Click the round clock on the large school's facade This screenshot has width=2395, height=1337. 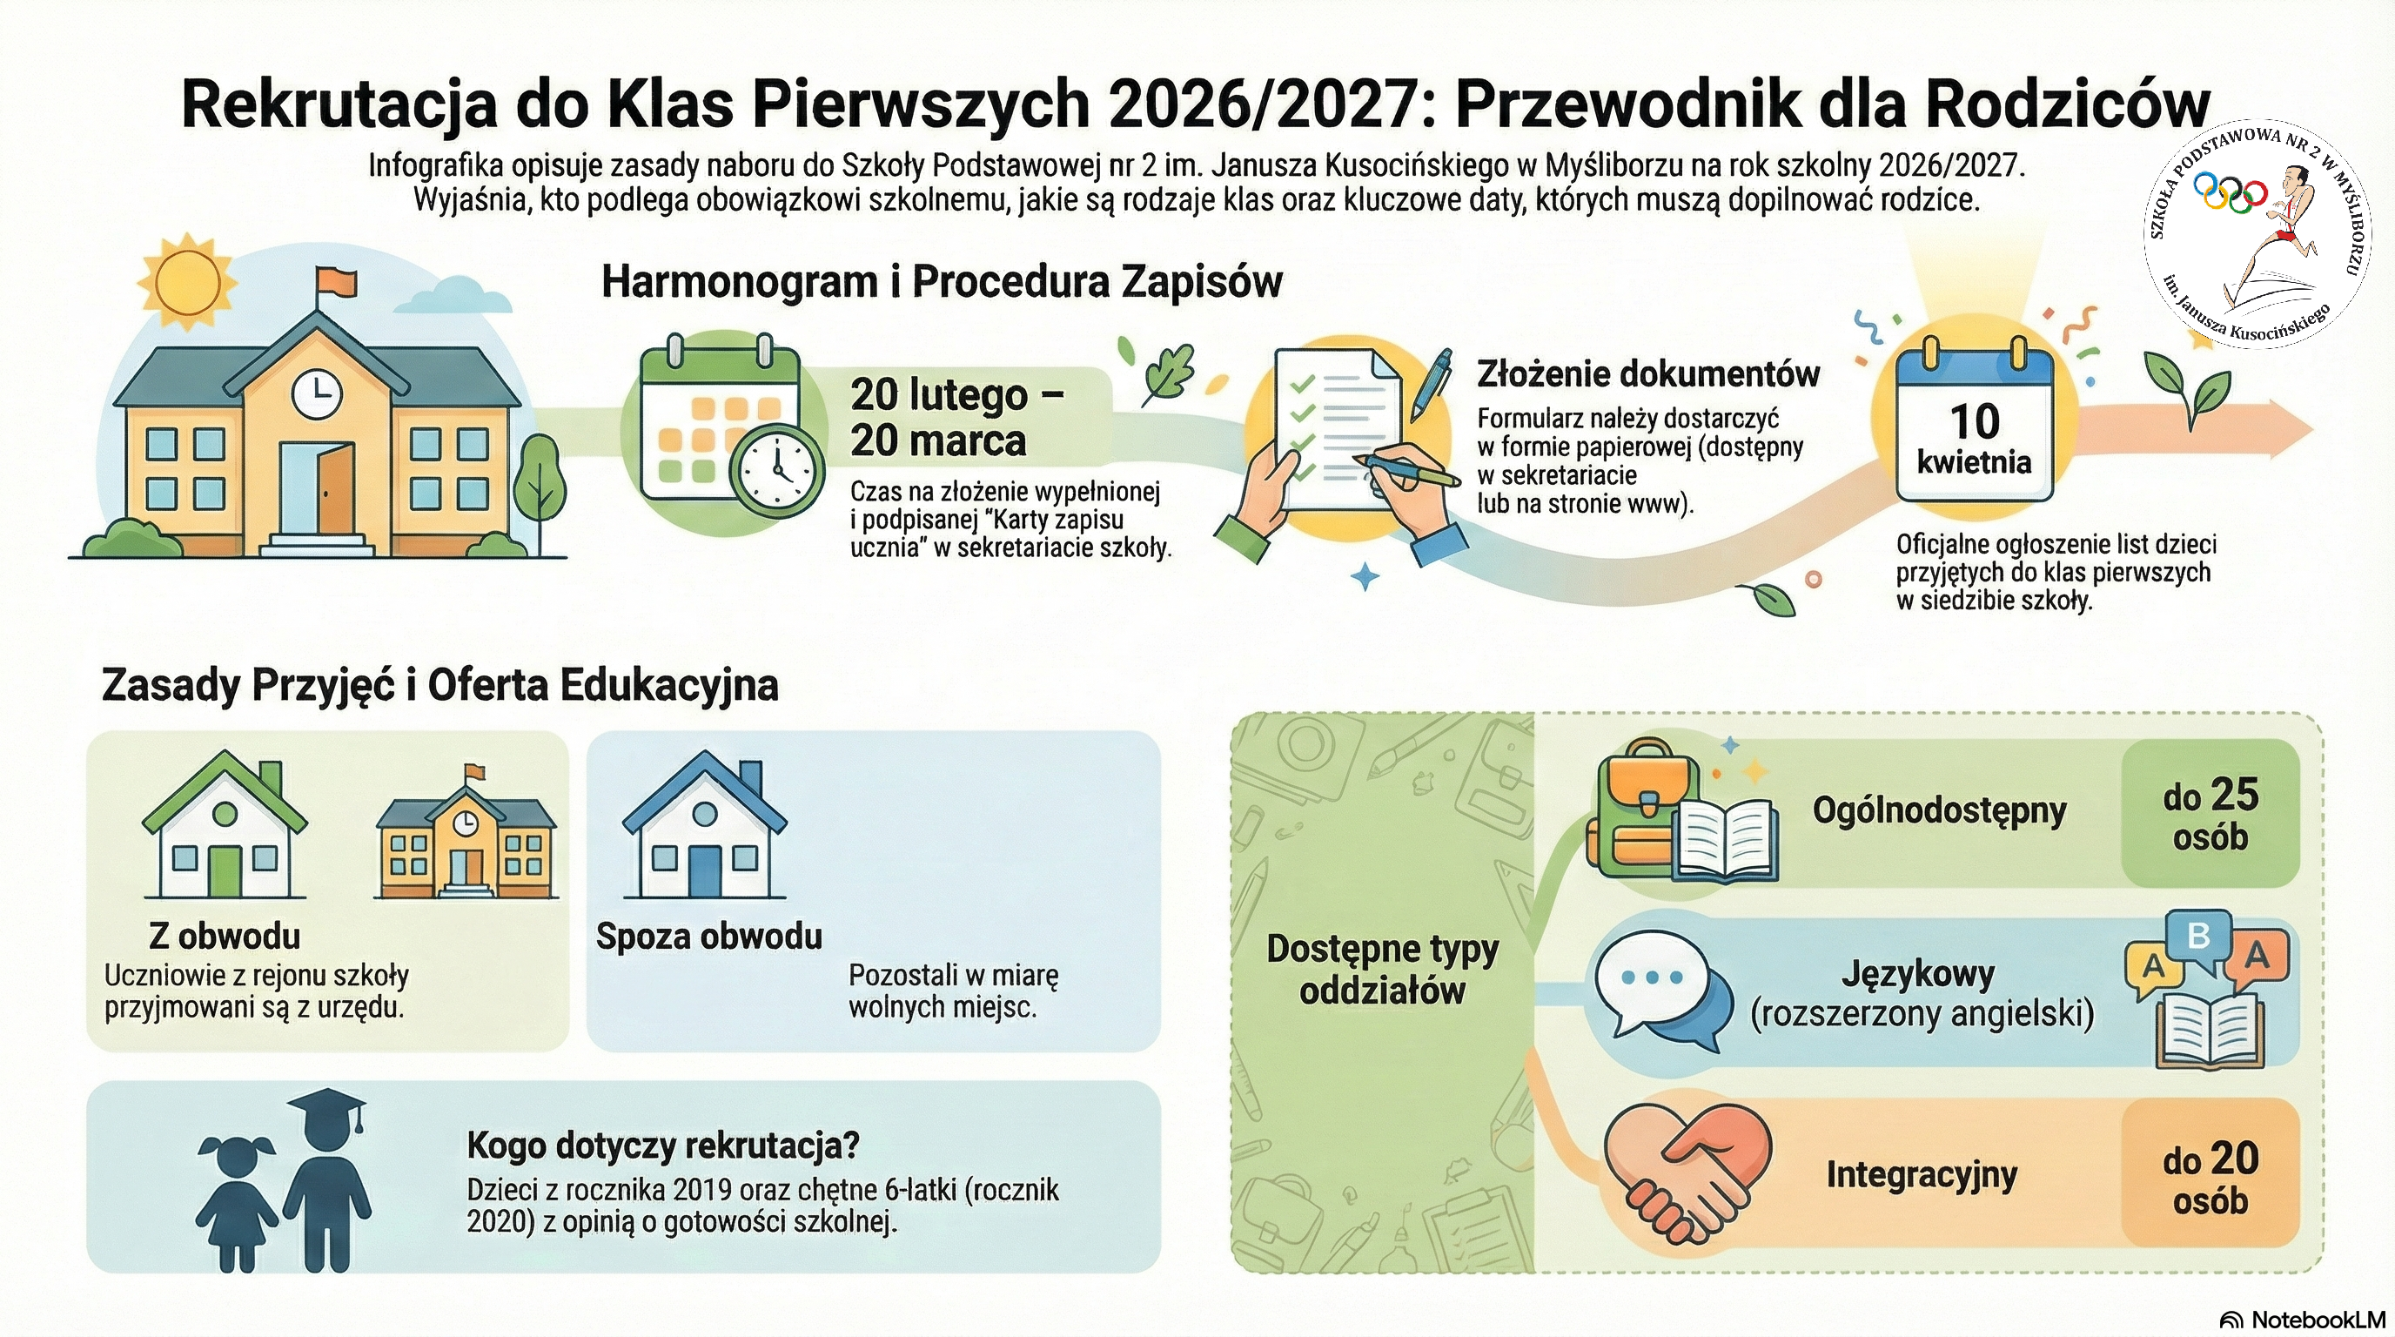coord(317,394)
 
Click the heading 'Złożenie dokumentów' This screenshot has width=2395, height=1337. coord(1648,373)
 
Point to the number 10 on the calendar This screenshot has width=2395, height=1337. coord(1974,421)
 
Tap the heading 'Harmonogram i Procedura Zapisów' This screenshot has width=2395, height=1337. coord(942,281)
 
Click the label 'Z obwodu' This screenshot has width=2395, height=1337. coord(225,936)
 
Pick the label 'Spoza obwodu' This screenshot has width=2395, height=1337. coord(709,936)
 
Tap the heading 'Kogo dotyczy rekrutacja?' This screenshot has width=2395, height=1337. coord(663,1146)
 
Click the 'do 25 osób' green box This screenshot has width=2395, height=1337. coord(2210,814)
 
